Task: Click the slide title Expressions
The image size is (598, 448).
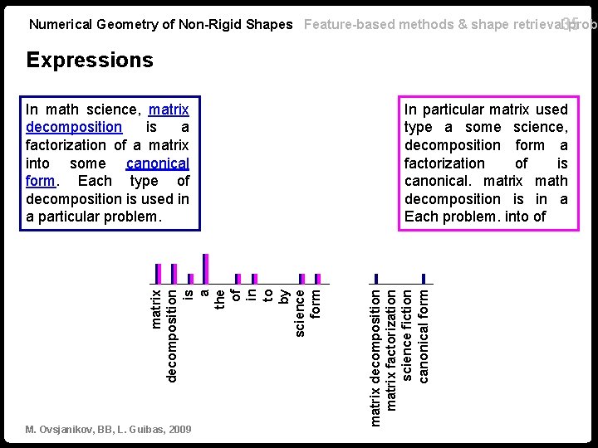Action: (90, 60)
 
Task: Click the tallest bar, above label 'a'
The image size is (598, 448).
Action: (206, 268)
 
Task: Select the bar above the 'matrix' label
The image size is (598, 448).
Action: (158, 273)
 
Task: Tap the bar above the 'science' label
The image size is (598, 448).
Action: (302, 278)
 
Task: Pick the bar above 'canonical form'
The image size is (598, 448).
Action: (424, 278)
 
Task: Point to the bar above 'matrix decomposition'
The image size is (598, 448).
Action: (376, 278)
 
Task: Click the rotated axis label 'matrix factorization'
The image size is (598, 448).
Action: (392, 348)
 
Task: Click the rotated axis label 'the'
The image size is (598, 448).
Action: (221, 298)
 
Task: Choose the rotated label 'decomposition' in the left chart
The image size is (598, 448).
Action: (173, 334)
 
